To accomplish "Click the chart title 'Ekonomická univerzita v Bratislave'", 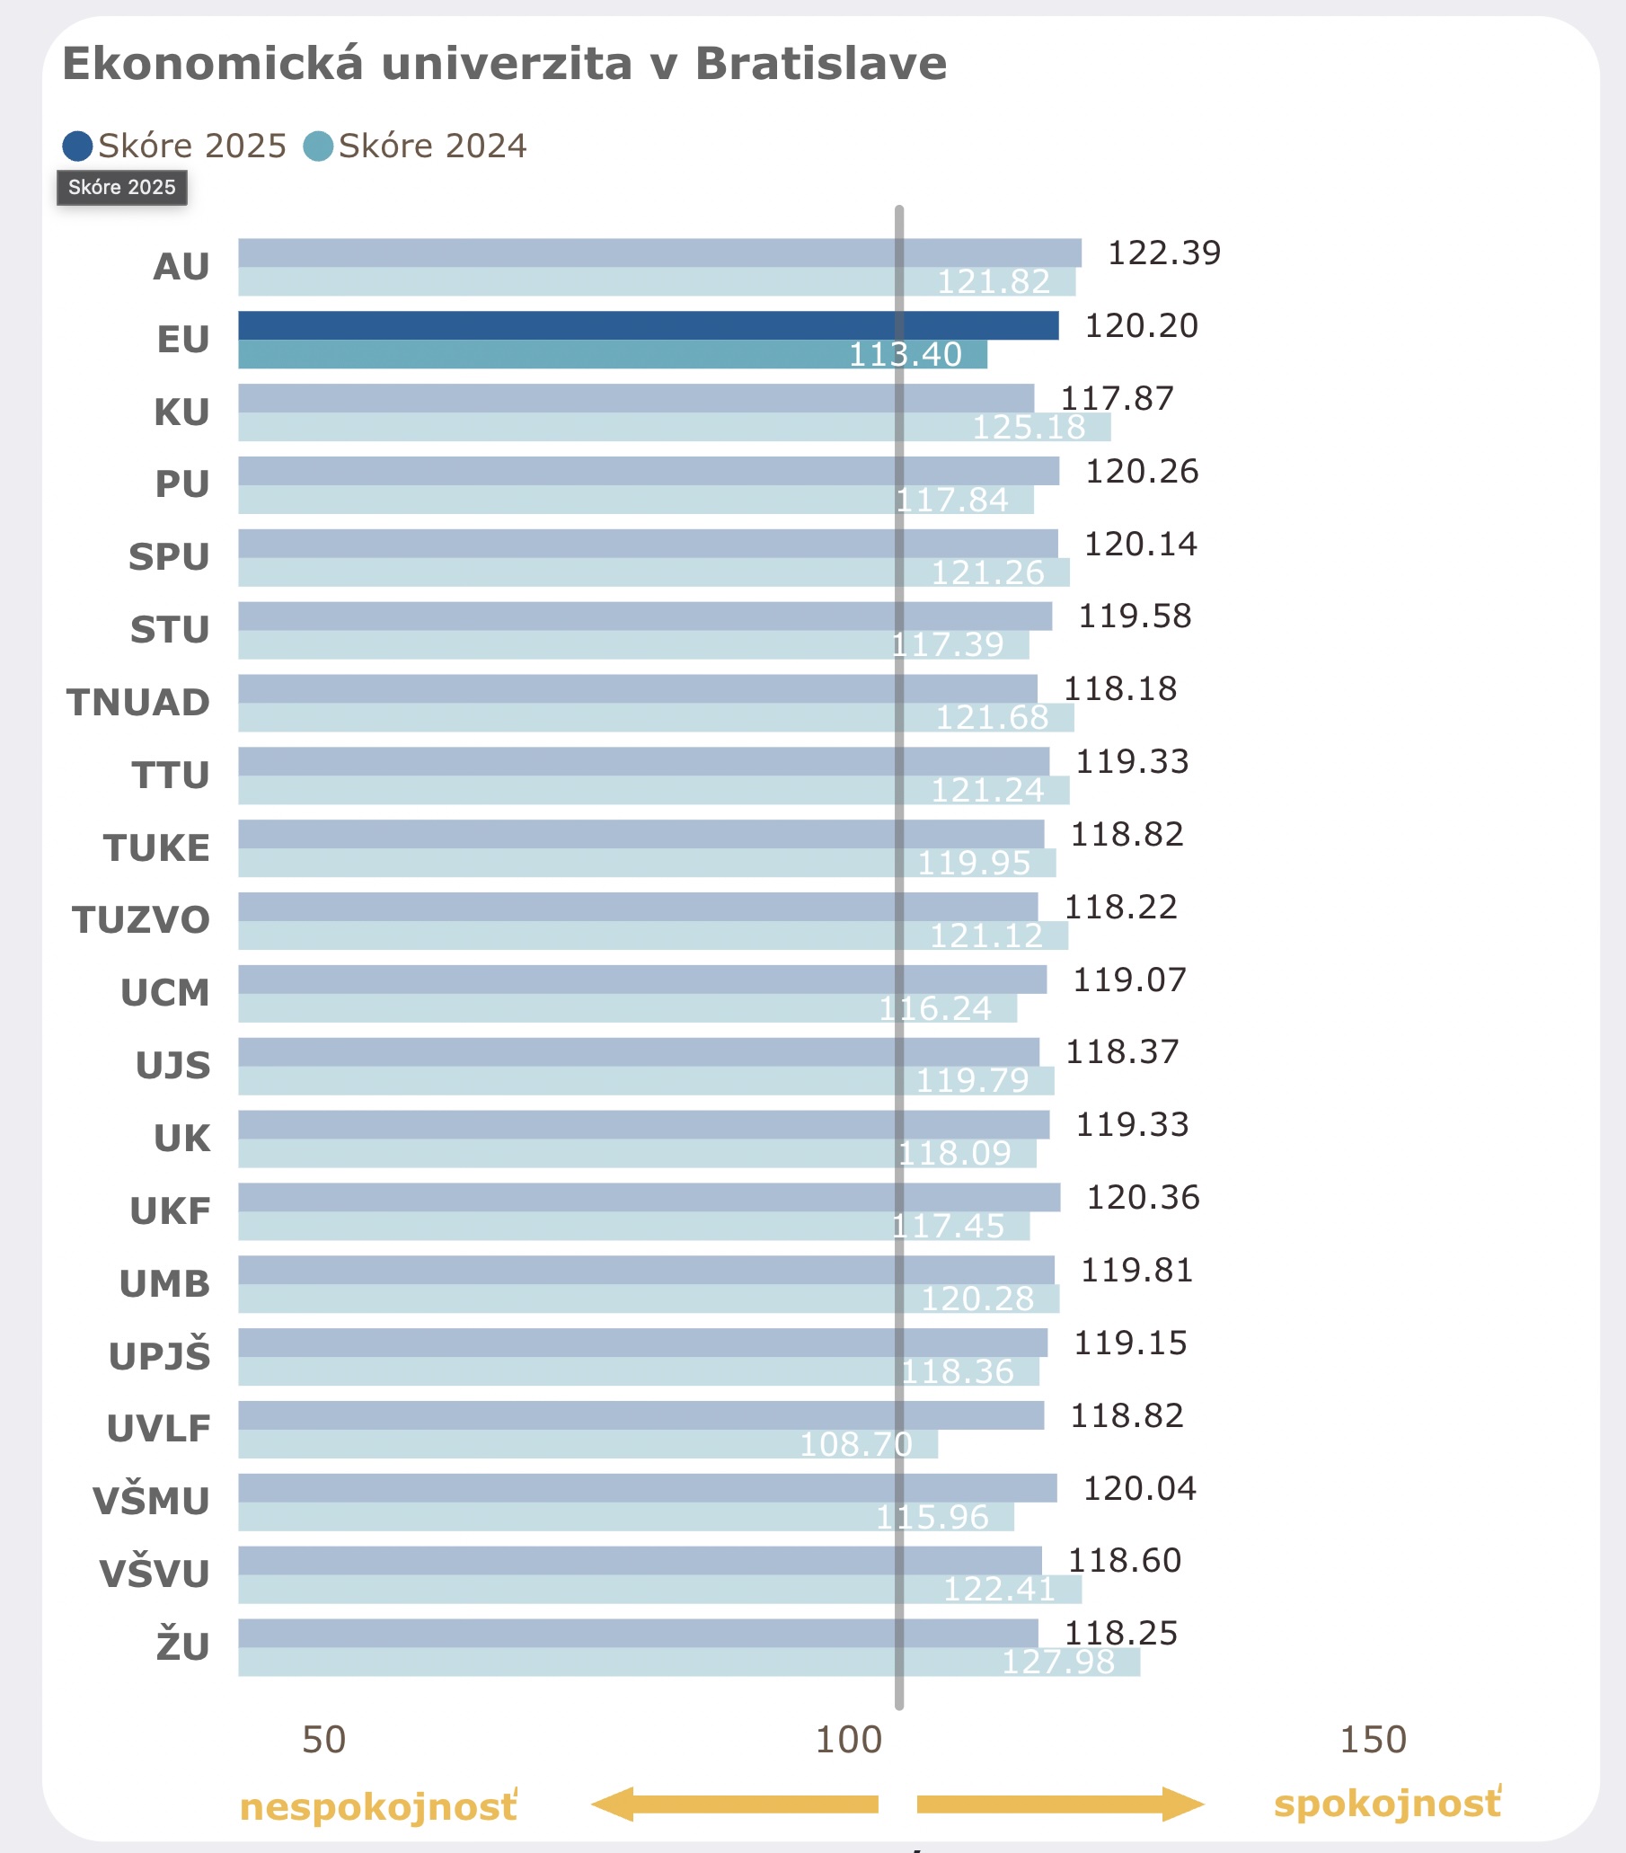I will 504,64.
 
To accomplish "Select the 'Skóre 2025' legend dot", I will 77,146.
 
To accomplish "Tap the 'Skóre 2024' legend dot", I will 318,146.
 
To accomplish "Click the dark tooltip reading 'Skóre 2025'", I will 121,188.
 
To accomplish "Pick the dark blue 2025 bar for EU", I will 648,325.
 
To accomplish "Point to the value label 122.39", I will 1163,253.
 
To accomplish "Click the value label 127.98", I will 1057,1662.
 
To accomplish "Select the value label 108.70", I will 854,1444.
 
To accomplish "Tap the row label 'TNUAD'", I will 138,703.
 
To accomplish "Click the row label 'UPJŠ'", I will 160,1356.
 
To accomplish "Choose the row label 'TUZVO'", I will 141,920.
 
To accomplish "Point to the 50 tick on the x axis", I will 323,1741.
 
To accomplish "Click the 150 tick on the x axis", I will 1373,1741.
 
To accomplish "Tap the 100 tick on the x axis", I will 848,1741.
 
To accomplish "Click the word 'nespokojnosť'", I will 378,1807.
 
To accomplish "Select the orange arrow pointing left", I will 734,1804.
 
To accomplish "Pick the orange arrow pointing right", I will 1060,1804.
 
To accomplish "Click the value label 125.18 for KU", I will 1029,427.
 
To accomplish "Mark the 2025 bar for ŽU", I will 638,1634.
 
